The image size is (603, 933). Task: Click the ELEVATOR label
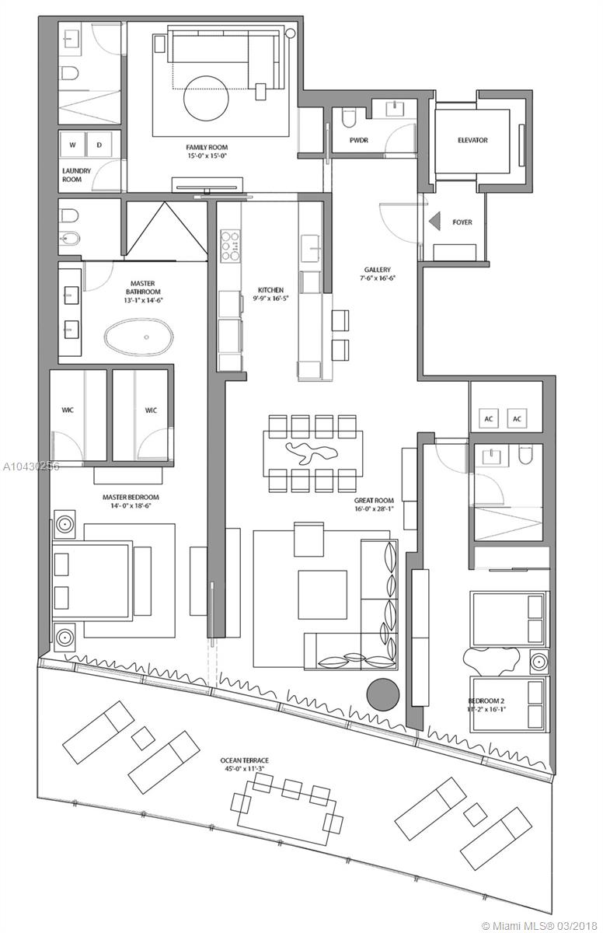click(x=472, y=141)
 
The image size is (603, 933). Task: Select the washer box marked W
click(x=72, y=145)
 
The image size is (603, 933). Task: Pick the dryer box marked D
click(x=99, y=145)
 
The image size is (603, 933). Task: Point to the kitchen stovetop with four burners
click(x=231, y=245)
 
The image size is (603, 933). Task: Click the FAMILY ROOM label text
click(x=207, y=147)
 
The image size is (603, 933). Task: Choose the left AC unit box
click(x=489, y=418)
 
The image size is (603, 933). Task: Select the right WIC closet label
click(x=151, y=411)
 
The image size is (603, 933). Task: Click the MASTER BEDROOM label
click(x=131, y=497)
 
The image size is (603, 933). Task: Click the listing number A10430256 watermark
click(x=30, y=466)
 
